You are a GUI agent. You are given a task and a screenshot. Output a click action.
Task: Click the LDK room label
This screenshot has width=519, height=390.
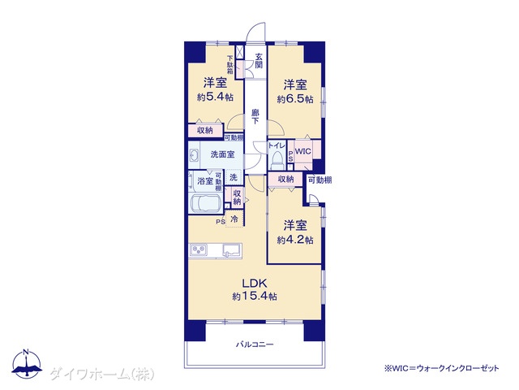point(255,284)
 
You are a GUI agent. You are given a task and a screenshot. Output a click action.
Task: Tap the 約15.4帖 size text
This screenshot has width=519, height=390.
point(255,296)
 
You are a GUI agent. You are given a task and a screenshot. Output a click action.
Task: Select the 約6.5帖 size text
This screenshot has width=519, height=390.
point(295,99)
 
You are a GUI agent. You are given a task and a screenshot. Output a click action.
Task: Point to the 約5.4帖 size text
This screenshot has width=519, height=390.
point(215,97)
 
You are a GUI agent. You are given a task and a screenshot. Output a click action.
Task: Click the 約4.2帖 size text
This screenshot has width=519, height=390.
point(295,240)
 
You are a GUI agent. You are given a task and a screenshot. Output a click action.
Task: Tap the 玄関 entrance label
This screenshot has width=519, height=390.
point(259,61)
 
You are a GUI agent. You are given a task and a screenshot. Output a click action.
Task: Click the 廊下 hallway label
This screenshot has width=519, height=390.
point(255,116)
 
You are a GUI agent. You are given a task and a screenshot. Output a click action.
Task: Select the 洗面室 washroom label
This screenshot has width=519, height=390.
point(222,154)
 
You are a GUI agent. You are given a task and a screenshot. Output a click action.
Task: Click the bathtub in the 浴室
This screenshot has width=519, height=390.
point(206,204)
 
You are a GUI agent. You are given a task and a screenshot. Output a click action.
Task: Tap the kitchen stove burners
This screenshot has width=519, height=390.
point(198,249)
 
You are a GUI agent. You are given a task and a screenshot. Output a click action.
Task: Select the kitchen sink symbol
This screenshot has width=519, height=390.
point(233,250)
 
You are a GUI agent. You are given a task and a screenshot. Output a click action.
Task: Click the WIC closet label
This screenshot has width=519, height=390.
point(302,152)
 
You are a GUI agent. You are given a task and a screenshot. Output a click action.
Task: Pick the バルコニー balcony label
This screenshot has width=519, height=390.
point(255,344)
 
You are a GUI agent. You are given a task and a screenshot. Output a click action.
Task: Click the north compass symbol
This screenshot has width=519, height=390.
point(27,363)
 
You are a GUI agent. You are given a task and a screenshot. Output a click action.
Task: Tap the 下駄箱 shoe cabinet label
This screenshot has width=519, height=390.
point(230,64)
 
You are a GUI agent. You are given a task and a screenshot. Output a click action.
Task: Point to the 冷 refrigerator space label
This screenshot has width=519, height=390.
point(234,219)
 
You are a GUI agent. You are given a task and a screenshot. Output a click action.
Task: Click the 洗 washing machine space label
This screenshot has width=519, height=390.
point(234,177)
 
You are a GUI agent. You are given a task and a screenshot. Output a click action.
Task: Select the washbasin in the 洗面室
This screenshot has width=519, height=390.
point(194,155)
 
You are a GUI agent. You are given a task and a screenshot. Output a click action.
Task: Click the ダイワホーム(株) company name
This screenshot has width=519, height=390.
point(102,375)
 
